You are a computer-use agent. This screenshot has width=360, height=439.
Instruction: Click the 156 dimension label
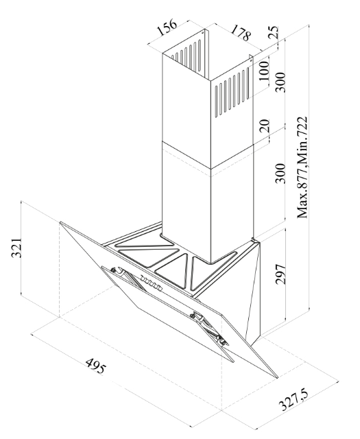(x=167, y=27)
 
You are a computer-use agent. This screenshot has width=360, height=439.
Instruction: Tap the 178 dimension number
(x=240, y=32)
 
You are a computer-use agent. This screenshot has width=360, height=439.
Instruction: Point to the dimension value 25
(x=273, y=32)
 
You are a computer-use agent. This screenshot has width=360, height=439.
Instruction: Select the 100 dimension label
(x=264, y=71)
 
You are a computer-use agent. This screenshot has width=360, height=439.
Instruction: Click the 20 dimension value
(x=264, y=126)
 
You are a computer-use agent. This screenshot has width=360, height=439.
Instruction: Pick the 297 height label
(x=280, y=274)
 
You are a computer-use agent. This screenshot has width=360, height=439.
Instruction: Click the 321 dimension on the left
(x=16, y=248)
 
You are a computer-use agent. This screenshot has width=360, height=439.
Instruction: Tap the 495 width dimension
(x=96, y=366)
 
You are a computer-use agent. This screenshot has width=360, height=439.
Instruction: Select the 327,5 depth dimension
(x=293, y=401)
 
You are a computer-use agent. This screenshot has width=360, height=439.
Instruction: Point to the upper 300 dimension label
(x=280, y=82)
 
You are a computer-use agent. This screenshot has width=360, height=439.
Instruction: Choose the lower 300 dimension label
(x=280, y=174)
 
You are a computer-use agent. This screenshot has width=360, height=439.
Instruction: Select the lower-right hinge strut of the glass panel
(x=209, y=329)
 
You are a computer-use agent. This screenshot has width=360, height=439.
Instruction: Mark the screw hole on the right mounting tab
(x=251, y=60)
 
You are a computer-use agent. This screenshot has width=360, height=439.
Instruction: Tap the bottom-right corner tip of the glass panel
(x=277, y=378)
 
